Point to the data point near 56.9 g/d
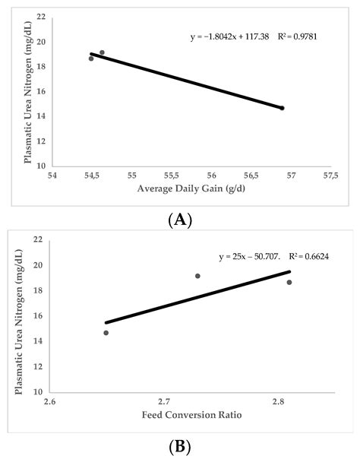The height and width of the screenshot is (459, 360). pos(282,108)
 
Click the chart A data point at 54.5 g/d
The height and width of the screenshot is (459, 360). pos(91,59)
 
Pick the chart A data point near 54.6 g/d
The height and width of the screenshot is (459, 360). pos(102,52)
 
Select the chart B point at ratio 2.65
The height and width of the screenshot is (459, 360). pos(106,333)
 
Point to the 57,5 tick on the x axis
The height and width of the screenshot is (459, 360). pos(330,176)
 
